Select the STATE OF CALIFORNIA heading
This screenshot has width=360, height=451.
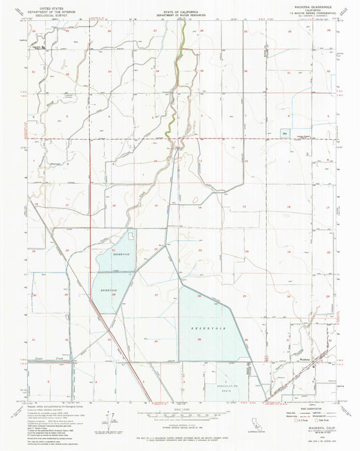[179, 9]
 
